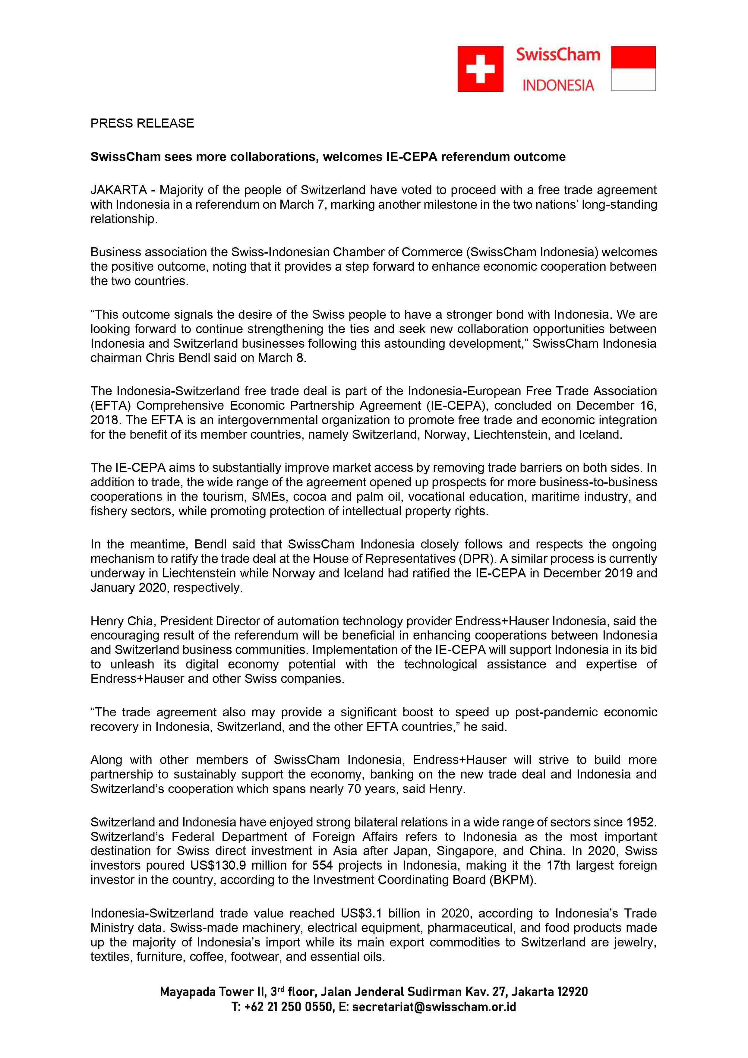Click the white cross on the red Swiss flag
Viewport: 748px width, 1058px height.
click(x=480, y=69)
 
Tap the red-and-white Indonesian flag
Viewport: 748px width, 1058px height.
click(x=633, y=69)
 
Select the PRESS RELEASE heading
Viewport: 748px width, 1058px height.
click(x=142, y=124)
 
